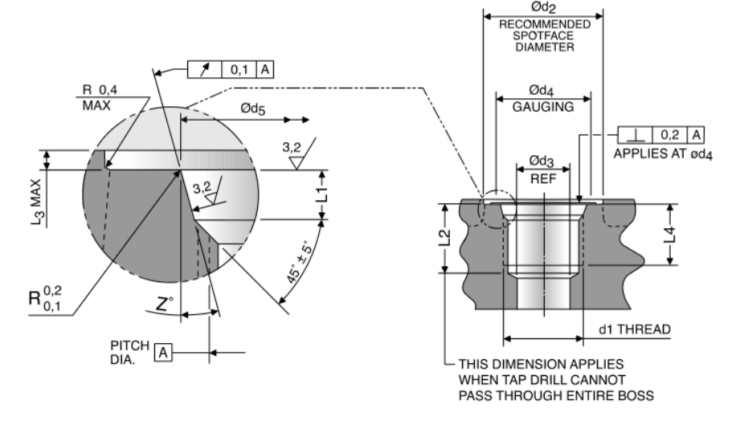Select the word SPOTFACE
pyautogui.click(x=543, y=35)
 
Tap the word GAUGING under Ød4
pyautogui.click(x=544, y=106)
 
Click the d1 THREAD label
pyautogui.click(x=635, y=329)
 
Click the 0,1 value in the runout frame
pyautogui.click(x=240, y=69)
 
